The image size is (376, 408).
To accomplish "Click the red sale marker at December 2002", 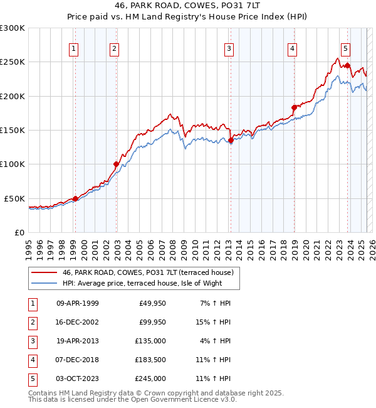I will pos(116,164).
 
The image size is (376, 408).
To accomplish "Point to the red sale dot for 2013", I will pos(231,141).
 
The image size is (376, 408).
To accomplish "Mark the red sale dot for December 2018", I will pos(293,107).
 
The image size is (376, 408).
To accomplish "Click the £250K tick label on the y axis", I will pos(13,62).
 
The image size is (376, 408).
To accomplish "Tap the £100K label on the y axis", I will pos(13,164).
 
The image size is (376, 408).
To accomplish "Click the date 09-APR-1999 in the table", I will pos(77,303).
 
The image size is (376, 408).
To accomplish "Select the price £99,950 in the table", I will pos(150,322).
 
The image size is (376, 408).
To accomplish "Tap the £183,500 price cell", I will pos(150,360).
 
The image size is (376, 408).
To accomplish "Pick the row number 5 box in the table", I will pos(32,378).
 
